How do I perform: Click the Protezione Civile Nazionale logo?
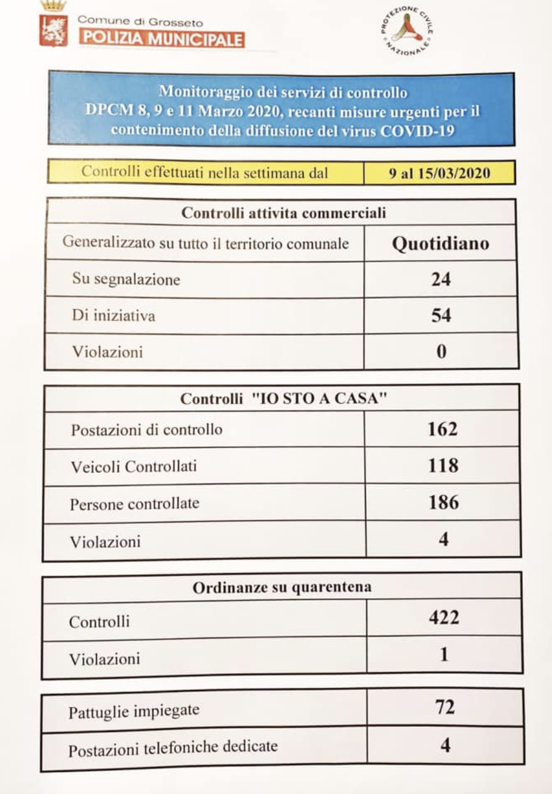407,31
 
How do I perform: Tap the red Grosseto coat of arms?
54,30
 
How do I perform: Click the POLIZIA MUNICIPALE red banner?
162,39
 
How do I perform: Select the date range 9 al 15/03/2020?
439,173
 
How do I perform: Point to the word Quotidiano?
440,244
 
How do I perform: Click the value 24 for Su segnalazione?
441,279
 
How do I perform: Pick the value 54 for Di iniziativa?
441,315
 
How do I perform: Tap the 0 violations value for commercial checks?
441,351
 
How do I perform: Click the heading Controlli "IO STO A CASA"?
283,398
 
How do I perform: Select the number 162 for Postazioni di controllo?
442,429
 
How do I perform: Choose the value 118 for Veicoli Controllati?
443,466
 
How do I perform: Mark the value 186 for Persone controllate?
443,503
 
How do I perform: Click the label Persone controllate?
134,504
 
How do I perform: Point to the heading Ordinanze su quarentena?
282,587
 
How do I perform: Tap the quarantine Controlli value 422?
444,617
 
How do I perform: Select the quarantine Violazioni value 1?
444,655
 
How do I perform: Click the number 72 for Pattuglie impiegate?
445,707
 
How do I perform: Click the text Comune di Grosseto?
140,22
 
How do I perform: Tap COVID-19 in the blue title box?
417,131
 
